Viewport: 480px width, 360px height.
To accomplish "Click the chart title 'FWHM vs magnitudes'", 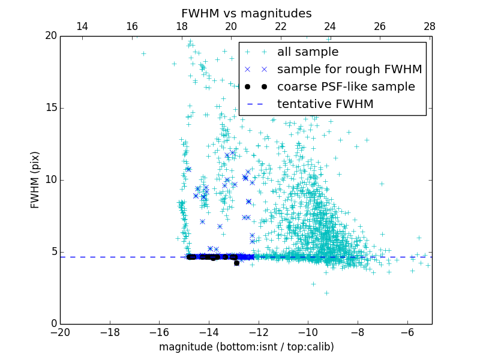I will click(x=246, y=13).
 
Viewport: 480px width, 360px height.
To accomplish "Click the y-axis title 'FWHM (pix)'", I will click(x=35, y=180).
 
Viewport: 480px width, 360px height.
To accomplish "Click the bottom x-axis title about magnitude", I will click(x=246, y=347).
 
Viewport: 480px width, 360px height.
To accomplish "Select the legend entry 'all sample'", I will click(x=307, y=52).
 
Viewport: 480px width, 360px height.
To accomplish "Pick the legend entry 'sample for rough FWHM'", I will click(x=349, y=70).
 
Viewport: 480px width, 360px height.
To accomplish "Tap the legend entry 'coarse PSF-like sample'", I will click(x=346, y=87).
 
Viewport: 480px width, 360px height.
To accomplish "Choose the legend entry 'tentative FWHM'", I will click(x=325, y=104).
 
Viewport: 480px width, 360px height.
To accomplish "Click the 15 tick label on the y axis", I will click(x=50, y=108).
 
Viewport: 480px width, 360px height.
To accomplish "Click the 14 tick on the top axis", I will click(x=82, y=27).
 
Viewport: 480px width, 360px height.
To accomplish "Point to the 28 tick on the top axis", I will click(x=430, y=27).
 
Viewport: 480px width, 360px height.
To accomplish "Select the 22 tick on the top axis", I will click(x=281, y=27).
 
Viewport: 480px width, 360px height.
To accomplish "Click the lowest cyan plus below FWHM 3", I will click(x=326, y=293).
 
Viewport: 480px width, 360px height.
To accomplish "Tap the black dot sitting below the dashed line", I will click(x=236, y=263).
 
